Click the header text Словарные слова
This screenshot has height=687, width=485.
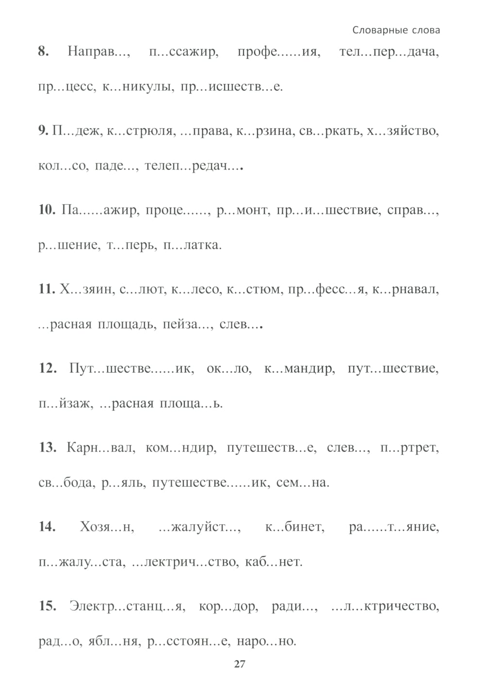pyautogui.click(x=396, y=30)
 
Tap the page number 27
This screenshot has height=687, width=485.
pyautogui.click(x=240, y=664)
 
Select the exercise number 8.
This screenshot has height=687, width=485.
pyautogui.click(x=44, y=51)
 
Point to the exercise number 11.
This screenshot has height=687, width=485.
pyautogui.click(x=47, y=289)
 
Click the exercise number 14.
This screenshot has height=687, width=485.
pyautogui.click(x=47, y=526)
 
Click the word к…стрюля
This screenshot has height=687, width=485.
pyautogui.click(x=140, y=131)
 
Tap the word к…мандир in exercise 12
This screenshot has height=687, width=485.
pyautogui.click(x=299, y=368)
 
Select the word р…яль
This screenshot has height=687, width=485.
pyautogui.click(x=123, y=483)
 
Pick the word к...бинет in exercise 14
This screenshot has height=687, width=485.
pyautogui.click(x=294, y=526)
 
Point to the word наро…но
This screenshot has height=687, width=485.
pyautogui.click(x=266, y=641)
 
